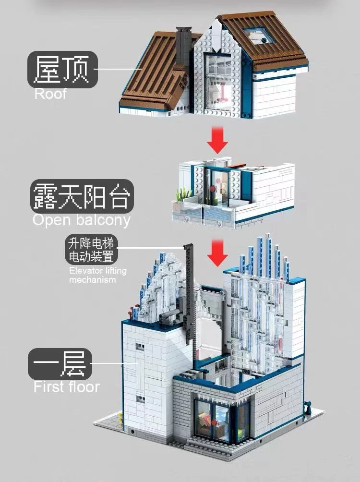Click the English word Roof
click(x=50, y=93)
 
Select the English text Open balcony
click(x=81, y=220)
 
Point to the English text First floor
click(x=66, y=386)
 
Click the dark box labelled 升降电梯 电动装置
click(x=92, y=249)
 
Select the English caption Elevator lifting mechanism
click(x=97, y=275)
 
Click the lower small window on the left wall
click(x=140, y=398)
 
